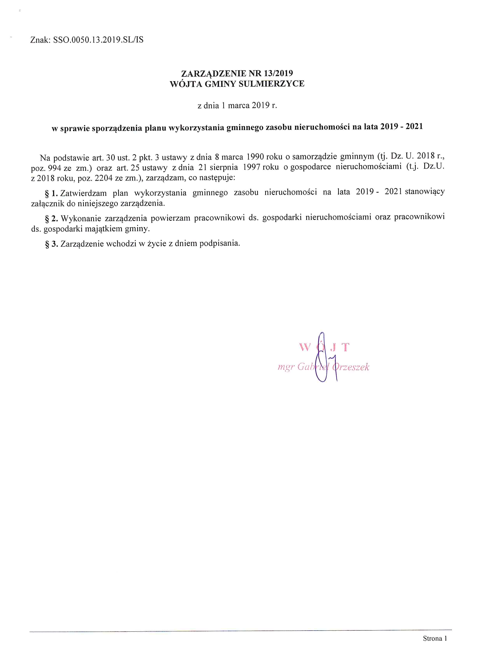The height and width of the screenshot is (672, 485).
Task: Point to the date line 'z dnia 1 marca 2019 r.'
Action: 237,106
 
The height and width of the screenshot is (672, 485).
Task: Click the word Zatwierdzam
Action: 83,193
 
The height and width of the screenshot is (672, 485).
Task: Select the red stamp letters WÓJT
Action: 324,347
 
